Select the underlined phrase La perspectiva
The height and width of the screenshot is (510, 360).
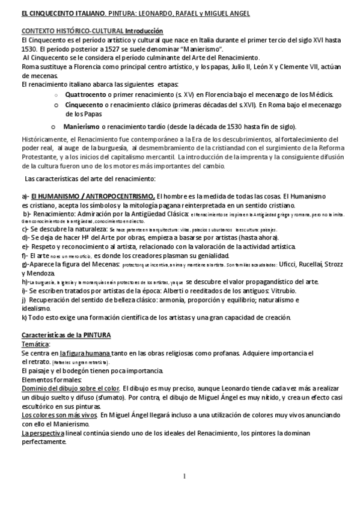point(42,432)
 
